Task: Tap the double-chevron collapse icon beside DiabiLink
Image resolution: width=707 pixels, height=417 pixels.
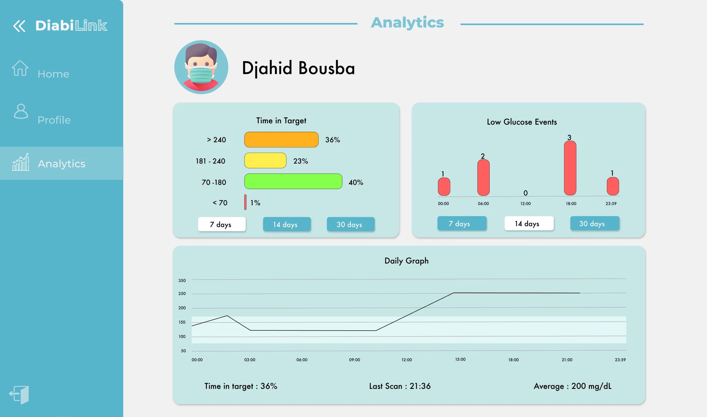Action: tap(19, 26)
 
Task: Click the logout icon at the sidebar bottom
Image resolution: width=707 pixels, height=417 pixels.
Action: tap(19, 394)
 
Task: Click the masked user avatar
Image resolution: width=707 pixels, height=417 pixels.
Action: tap(201, 67)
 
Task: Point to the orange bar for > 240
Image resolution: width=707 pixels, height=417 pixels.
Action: tap(281, 140)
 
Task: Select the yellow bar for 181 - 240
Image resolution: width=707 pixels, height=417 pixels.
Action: tap(265, 161)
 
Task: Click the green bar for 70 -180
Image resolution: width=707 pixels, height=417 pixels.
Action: tap(293, 182)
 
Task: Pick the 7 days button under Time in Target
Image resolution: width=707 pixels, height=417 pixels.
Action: tap(222, 224)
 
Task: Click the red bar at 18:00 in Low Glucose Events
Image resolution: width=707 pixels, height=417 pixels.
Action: tap(570, 168)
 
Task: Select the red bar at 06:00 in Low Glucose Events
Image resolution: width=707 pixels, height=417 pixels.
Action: tap(483, 178)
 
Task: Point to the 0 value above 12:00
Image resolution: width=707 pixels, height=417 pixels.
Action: tap(525, 193)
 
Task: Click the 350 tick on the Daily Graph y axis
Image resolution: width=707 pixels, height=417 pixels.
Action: tap(182, 280)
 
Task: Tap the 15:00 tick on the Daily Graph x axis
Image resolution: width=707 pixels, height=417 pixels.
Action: tap(460, 359)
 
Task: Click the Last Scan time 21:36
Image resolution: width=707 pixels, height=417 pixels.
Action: tap(420, 386)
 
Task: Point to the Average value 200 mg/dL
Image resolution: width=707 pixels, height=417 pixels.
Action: tap(591, 386)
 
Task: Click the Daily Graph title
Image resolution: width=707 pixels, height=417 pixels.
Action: tap(406, 261)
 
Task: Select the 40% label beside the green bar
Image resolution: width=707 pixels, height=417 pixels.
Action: tap(356, 182)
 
